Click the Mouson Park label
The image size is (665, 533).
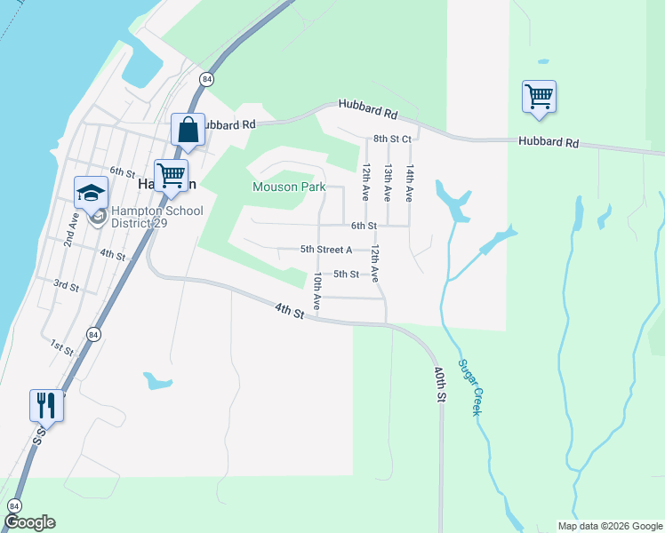[289, 187]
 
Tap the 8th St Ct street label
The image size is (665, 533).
[392, 139]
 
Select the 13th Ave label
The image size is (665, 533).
[388, 181]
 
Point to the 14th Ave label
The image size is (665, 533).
[409, 181]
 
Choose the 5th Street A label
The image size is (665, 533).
[326, 250]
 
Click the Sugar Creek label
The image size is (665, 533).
[469, 387]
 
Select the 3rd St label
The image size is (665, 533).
[67, 285]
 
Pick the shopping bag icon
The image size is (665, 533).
[188, 130]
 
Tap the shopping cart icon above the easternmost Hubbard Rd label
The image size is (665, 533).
[539, 96]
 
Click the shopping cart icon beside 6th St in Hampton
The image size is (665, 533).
[171, 174]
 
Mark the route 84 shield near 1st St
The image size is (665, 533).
[93, 334]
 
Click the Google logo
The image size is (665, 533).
[29, 522]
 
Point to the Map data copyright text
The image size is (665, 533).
[610, 526]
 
